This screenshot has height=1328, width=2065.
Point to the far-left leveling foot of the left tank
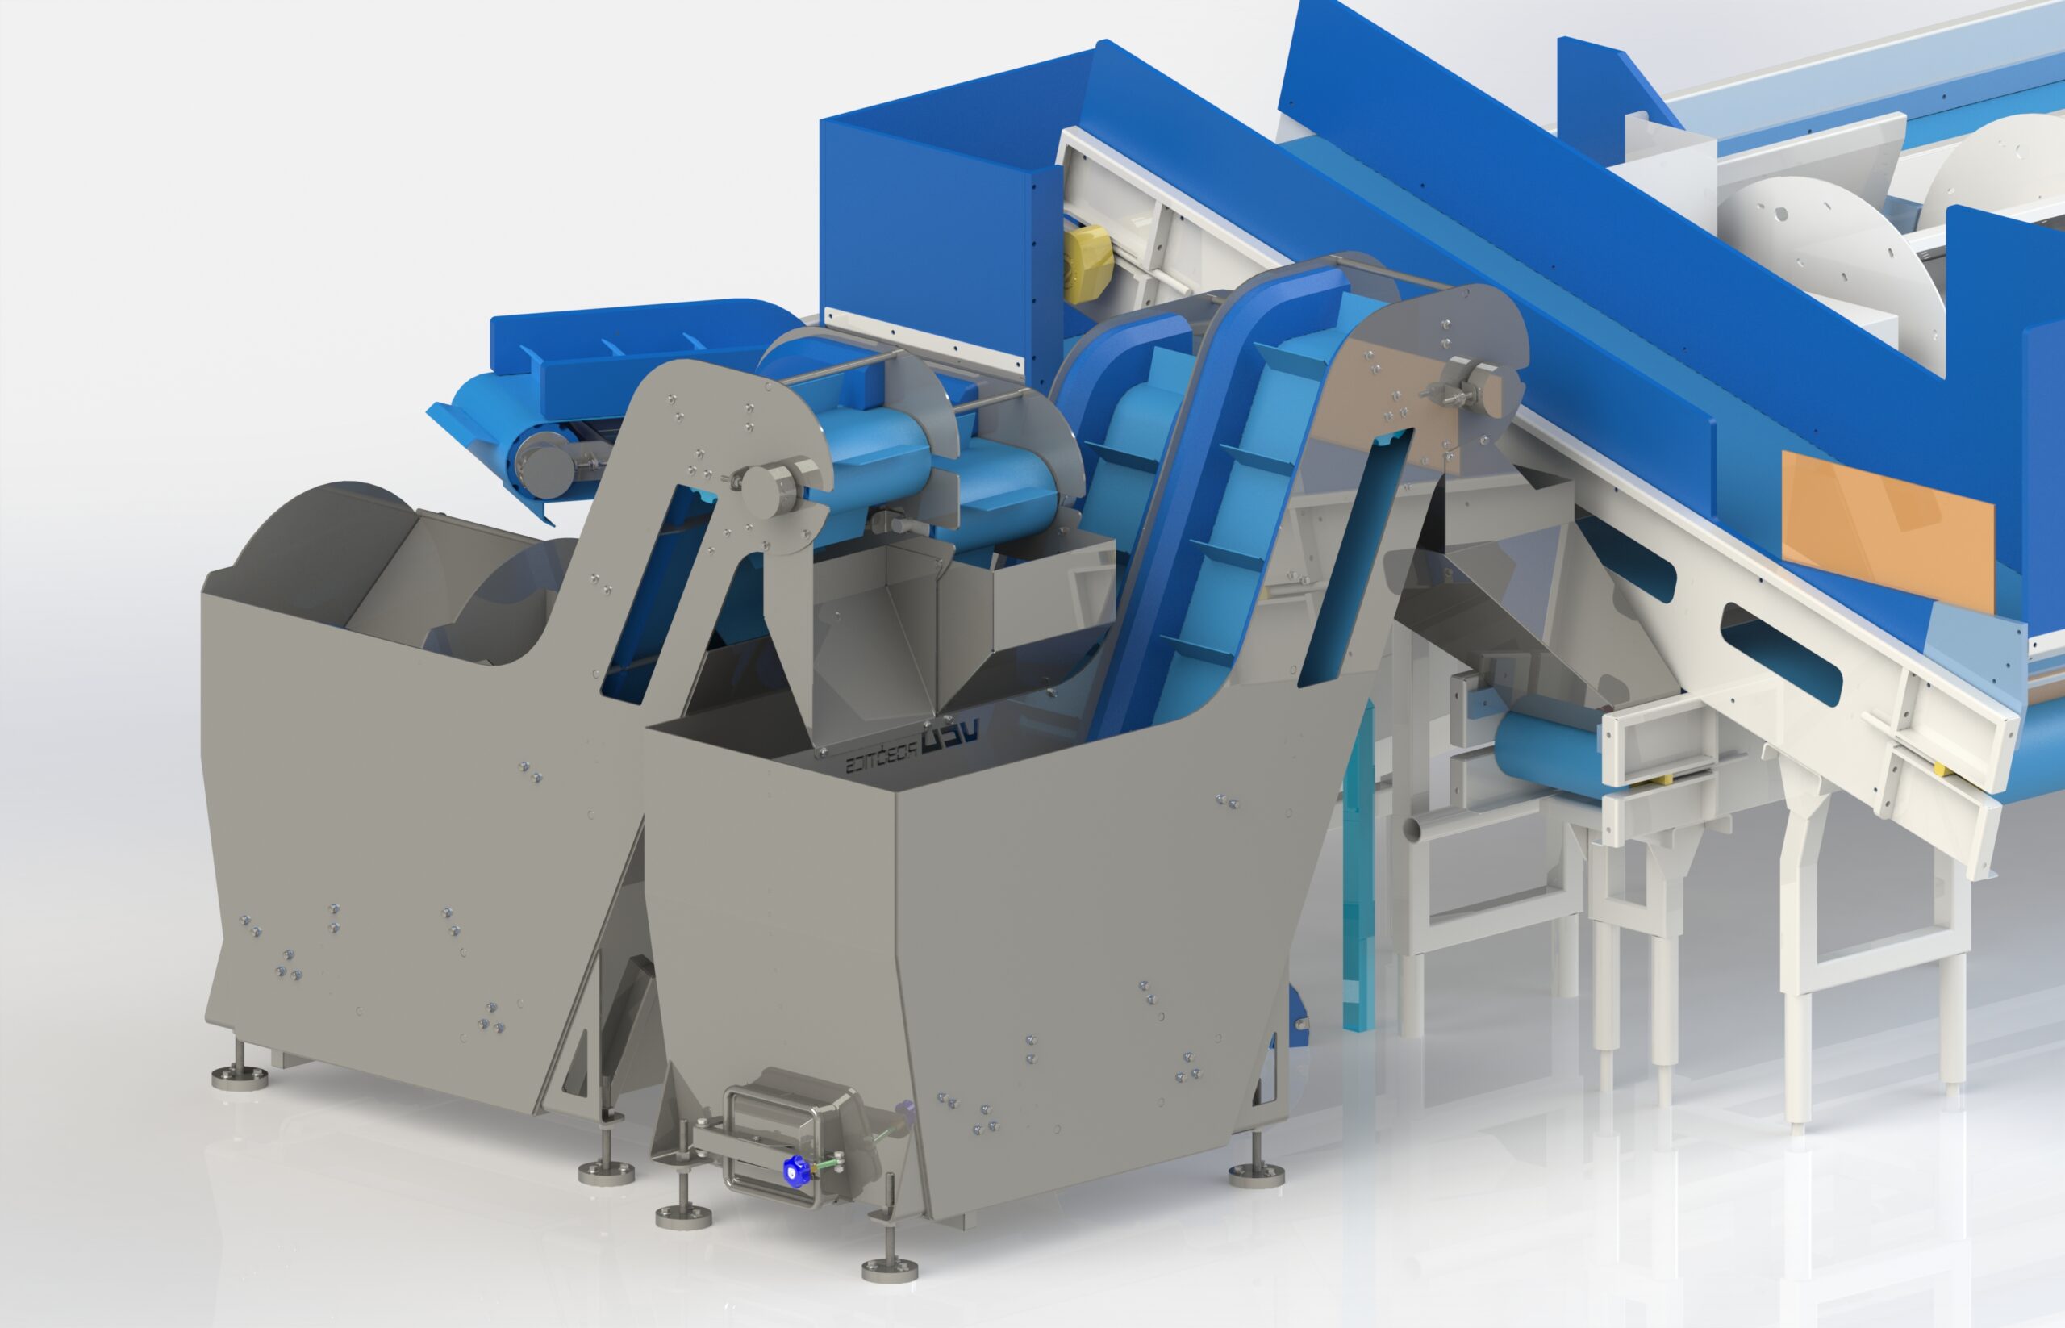point(240,1075)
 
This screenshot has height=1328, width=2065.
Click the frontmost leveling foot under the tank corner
point(890,1267)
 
